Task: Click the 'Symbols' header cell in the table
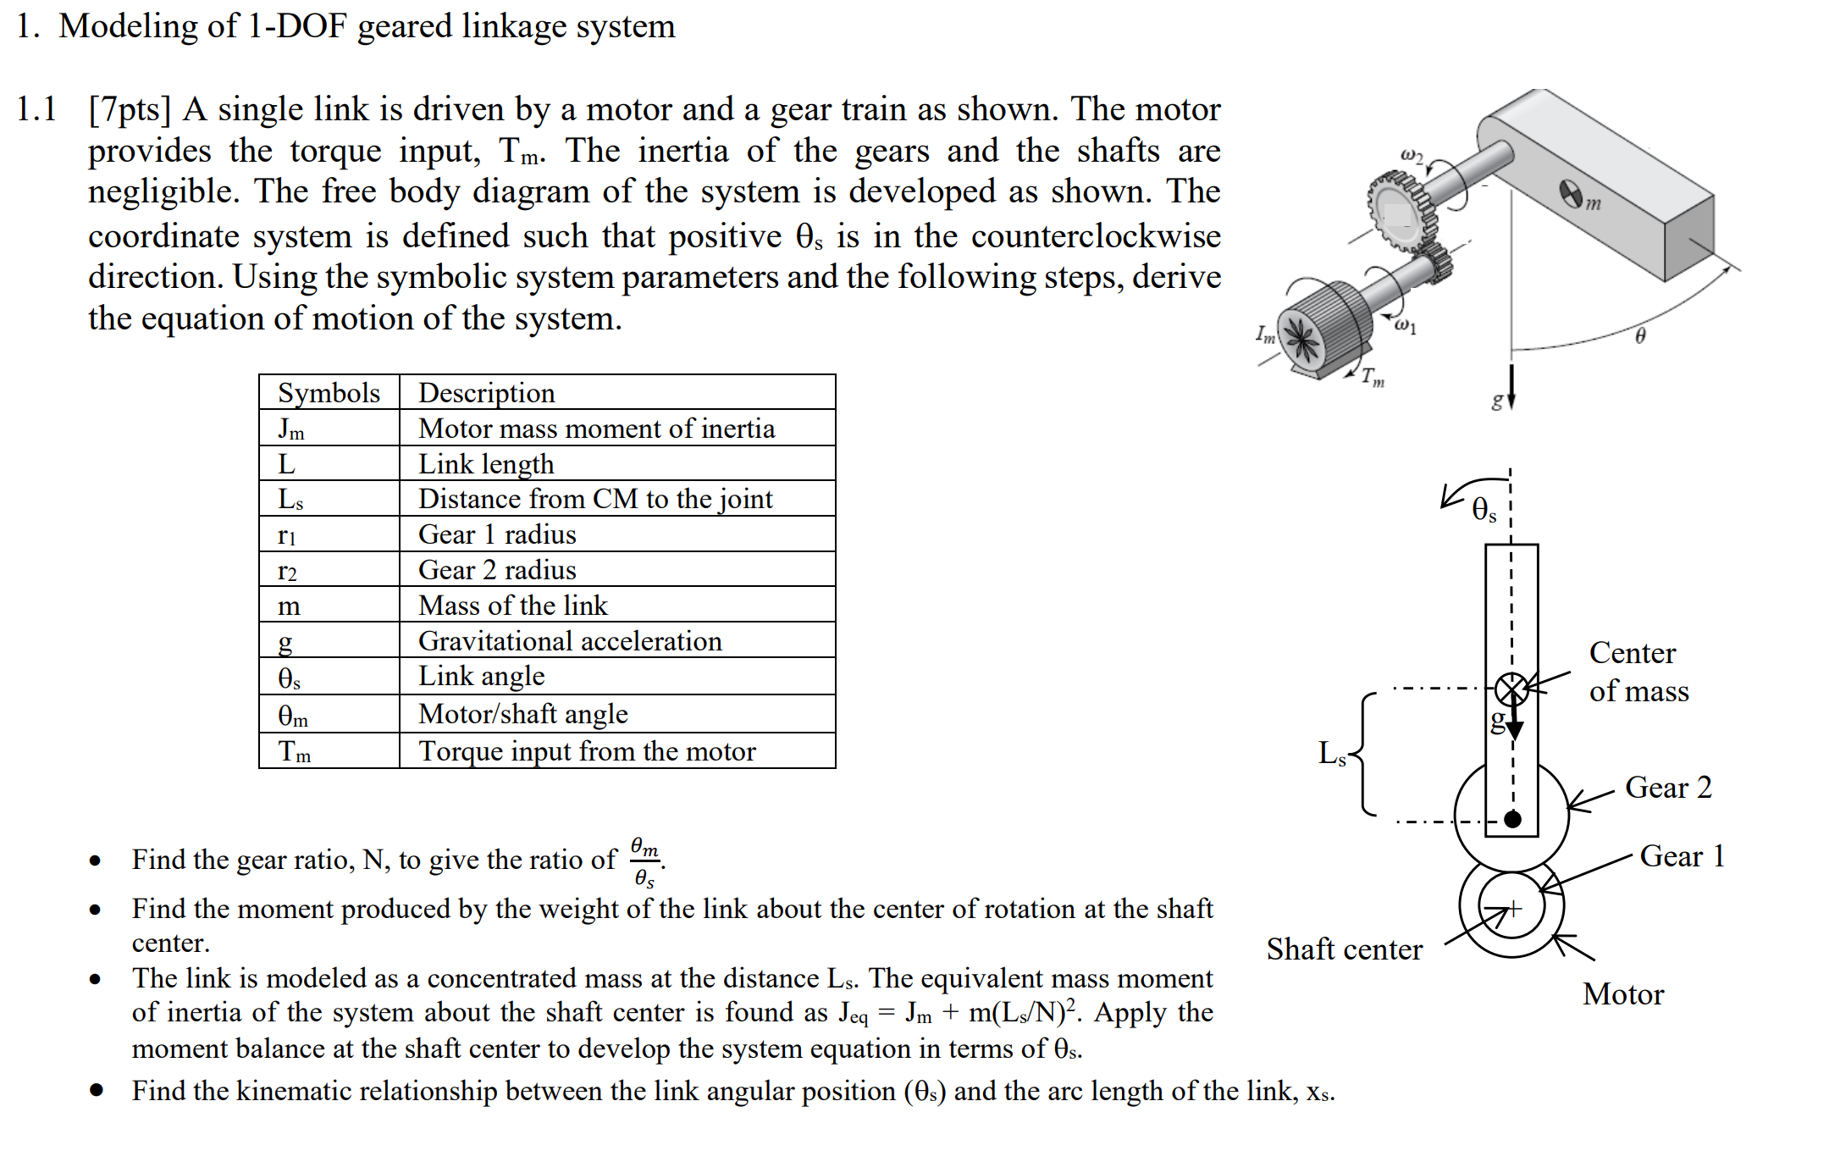click(329, 393)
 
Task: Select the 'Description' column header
click(487, 393)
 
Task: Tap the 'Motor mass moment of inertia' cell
click(596, 429)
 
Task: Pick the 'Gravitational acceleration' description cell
click(570, 641)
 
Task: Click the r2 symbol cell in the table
click(288, 571)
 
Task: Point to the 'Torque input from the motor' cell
click(587, 751)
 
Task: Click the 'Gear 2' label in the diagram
click(1668, 788)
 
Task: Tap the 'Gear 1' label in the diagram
click(1682, 856)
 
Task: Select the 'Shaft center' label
click(1344, 949)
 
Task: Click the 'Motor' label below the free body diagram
click(1623, 994)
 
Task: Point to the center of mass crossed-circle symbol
click(1511, 689)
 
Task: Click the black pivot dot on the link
click(1512, 819)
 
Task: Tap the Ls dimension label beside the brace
click(1332, 753)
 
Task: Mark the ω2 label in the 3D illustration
click(1412, 156)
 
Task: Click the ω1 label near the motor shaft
click(1405, 326)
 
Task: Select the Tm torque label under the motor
click(1373, 378)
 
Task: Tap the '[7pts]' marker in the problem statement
click(130, 110)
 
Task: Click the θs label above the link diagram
click(1484, 510)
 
